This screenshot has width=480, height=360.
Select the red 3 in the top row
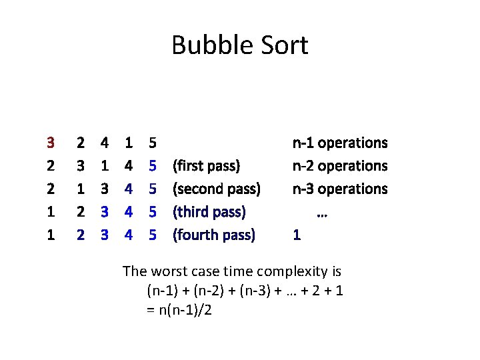pyautogui.click(x=51, y=143)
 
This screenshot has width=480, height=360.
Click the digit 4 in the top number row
pyautogui.click(x=105, y=143)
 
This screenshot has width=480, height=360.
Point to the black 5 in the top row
pyautogui.click(x=153, y=143)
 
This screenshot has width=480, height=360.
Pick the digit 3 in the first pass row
pyautogui.click(x=81, y=165)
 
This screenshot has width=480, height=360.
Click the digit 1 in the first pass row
pyautogui.click(x=105, y=165)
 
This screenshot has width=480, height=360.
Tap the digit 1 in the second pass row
pyautogui.click(x=81, y=189)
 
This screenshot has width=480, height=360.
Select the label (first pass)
pyautogui.click(x=207, y=165)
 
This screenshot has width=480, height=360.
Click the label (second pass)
pyautogui.click(x=217, y=189)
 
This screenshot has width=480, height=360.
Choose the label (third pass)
pyautogui.click(x=209, y=212)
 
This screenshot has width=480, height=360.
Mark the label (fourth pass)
pyautogui.click(x=214, y=235)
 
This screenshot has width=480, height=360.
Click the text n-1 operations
pyautogui.click(x=340, y=143)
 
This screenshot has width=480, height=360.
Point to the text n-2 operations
pyautogui.click(x=340, y=165)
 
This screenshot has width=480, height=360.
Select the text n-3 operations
pyautogui.click(x=340, y=189)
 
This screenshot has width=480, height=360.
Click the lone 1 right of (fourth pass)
pyautogui.click(x=297, y=235)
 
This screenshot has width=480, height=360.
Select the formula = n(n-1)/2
pyautogui.click(x=179, y=310)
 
